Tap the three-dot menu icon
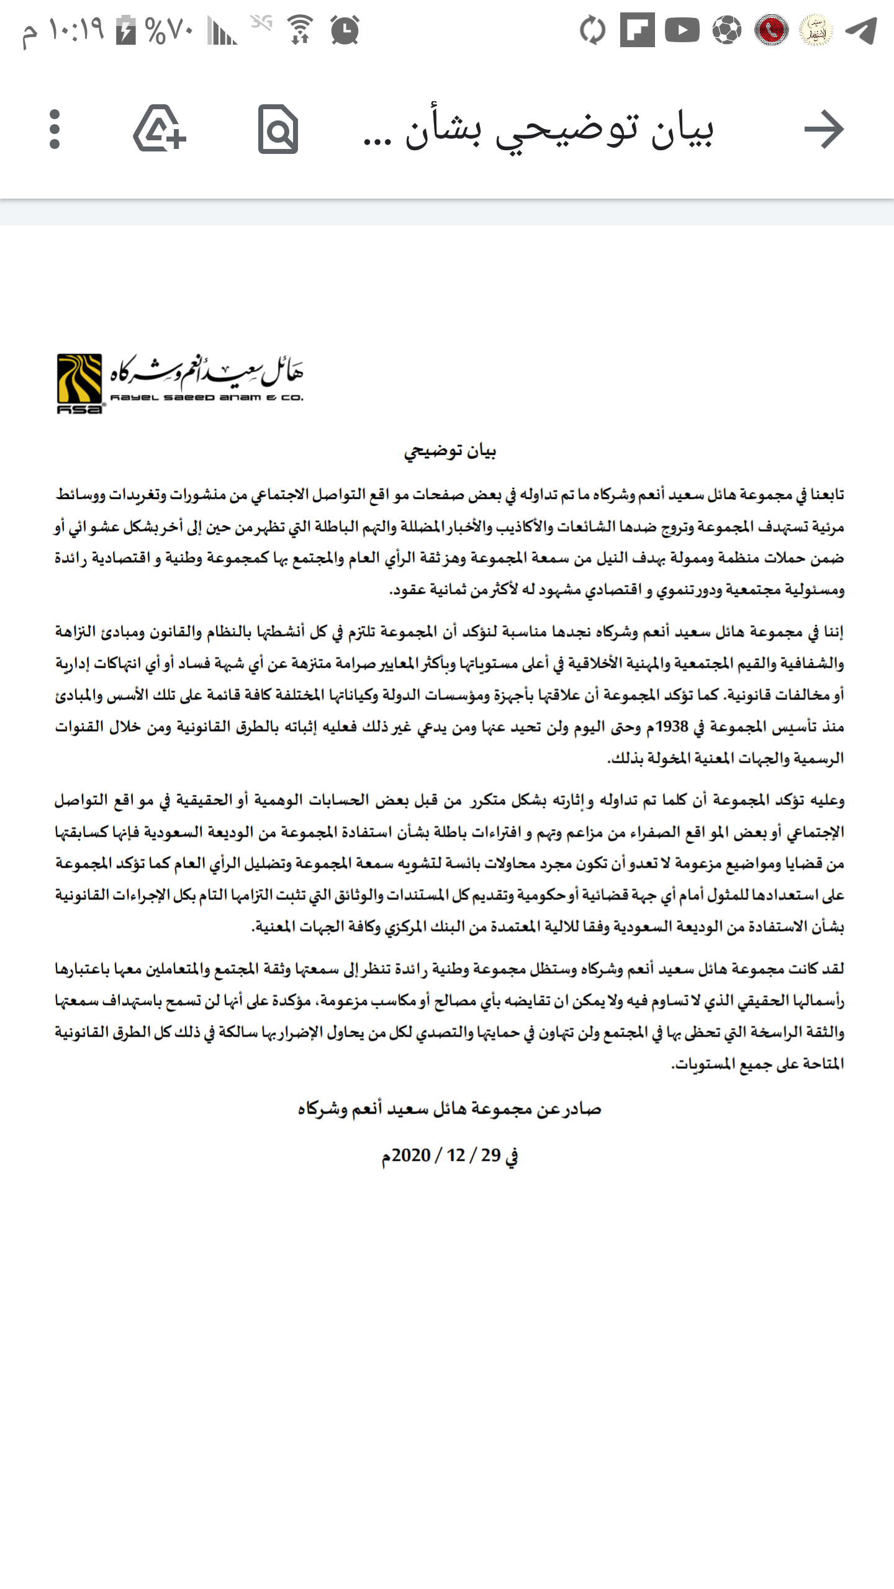click(x=55, y=129)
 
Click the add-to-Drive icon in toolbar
click(x=160, y=129)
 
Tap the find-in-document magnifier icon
click(x=278, y=129)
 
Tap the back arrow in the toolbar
click(x=824, y=129)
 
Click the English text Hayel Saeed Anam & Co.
click(x=207, y=398)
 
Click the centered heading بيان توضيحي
click(x=449, y=451)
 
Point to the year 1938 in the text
click(x=672, y=726)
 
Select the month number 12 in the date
click(x=456, y=1155)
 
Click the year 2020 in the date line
click(x=411, y=1155)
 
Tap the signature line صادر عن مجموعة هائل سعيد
click(x=449, y=1109)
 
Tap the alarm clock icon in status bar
click(x=345, y=30)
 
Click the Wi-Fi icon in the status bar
click(x=300, y=30)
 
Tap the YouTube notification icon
click(x=682, y=30)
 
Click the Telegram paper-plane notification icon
click(x=862, y=30)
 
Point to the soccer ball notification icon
click(x=726, y=30)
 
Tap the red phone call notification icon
click(x=771, y=30)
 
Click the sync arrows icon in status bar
click(x=592, y=30)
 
